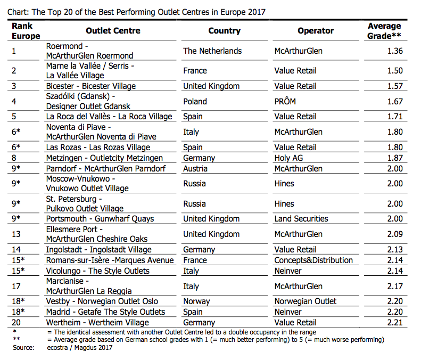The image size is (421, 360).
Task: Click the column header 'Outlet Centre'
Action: (113, 31)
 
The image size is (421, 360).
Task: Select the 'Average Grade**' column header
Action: (384, 31)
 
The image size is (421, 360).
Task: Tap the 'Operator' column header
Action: (316, 31)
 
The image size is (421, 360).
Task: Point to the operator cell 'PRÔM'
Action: (285, 101)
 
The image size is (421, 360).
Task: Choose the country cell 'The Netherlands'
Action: (212, 51)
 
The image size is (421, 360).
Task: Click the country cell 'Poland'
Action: (195, 101)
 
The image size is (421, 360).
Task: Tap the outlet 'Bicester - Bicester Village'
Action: (91, 86)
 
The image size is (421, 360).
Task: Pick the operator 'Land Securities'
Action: (301, 219)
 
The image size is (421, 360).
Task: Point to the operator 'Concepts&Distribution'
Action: (313, 260)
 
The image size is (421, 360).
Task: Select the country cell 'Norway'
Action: (196, 301)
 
